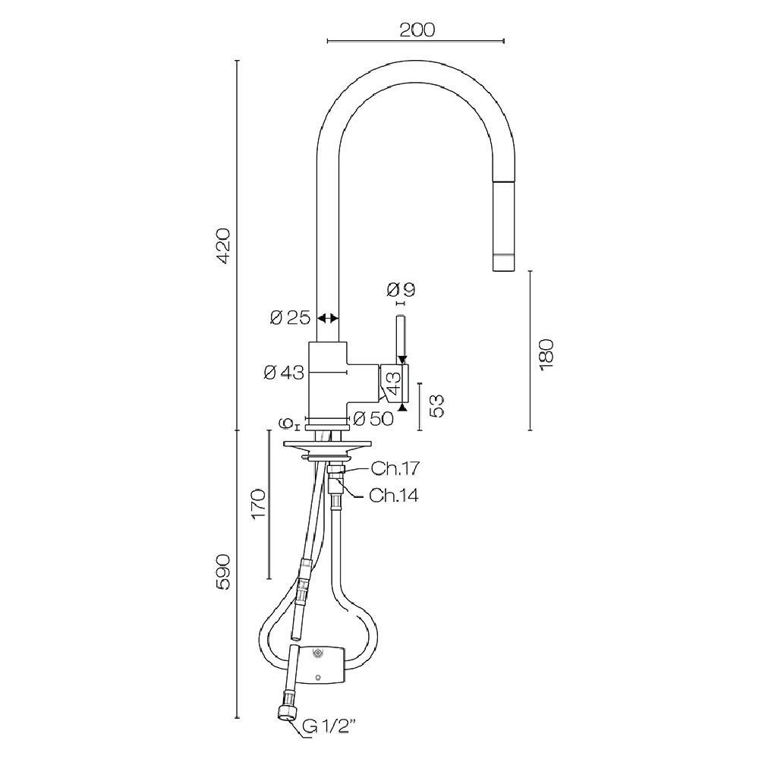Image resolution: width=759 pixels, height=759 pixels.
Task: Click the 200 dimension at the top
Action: pos(417,30)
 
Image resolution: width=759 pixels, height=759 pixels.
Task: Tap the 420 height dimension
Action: pos(224,245)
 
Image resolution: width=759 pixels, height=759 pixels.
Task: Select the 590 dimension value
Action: pos(223,572)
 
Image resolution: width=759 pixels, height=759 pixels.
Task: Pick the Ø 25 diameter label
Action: pos(290,318)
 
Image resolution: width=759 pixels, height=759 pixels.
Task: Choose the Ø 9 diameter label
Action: pos(402,289)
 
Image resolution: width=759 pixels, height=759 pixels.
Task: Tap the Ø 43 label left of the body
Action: pos(284,373)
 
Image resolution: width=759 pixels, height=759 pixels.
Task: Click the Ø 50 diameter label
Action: pos(373,419)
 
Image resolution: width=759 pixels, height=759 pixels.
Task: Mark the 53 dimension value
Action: pos(436,405)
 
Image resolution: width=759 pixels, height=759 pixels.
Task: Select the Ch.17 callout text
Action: pos(395,468)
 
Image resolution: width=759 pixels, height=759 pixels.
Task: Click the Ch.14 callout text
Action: pos(393,495)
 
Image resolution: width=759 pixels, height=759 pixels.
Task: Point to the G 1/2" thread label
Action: pos(329,726)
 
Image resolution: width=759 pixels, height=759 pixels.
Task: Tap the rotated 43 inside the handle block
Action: pos(395,383)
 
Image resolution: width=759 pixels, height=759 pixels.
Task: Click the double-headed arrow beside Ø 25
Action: pos(328,318)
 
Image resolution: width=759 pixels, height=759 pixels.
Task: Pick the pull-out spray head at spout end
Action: pos(503,226)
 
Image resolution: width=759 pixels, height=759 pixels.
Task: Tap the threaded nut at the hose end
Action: pos(286,712)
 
